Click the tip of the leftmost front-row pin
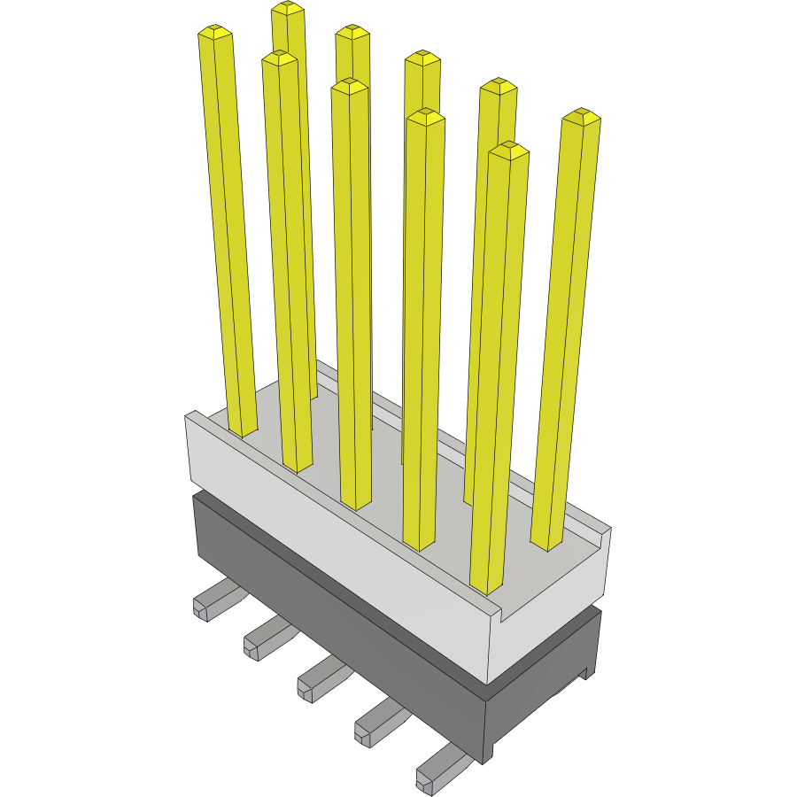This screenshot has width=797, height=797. tap(215, 33)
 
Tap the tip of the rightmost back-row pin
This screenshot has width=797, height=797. tap(581, 116)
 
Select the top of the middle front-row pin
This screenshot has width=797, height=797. tap(349, 85)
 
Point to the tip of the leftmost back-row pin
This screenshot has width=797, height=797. tap(288, 8)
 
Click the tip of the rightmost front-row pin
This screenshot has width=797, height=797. tap(508, 149)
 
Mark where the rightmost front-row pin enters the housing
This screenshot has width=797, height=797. tap(486, 585)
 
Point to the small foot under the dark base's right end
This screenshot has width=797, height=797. tap(584, 672)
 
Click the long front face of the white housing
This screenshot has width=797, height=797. tap(337, 549)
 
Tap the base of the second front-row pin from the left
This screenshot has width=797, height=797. tap(298, 466)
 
